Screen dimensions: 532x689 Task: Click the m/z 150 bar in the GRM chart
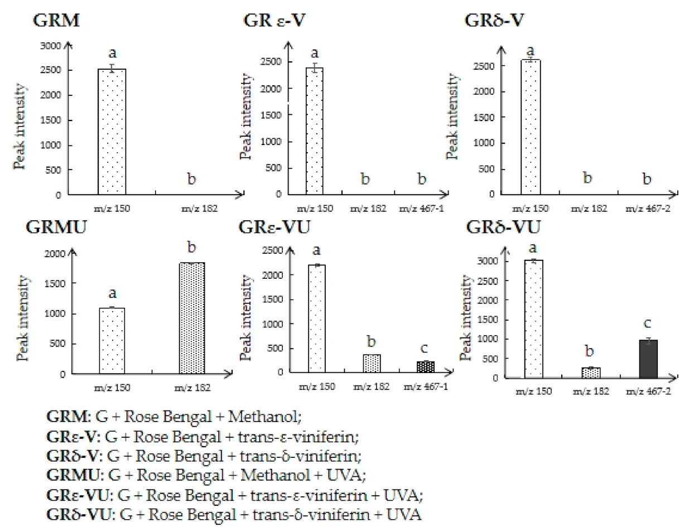[x=112, y=132]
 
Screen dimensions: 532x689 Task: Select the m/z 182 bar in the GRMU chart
[x=192, y=318]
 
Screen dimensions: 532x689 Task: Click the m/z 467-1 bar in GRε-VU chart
[x=426, y=366]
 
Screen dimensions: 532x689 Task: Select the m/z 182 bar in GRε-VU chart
[x=372, y=363]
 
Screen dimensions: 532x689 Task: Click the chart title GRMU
[x=56, y=228]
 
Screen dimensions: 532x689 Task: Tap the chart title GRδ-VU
[x=503, y=228]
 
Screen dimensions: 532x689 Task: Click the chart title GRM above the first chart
[x=56, y=21]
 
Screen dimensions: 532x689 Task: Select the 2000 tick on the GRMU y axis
[x=55, y=254]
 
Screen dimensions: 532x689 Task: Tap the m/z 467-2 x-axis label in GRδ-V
[x=648, y=209]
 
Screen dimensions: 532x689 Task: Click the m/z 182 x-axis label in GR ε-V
[x=368, y=209]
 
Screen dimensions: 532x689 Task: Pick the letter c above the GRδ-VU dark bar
[x=648, y=323]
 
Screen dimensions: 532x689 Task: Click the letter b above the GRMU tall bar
[x=192, y=247]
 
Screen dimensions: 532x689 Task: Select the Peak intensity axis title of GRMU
[x=23, y=318]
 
